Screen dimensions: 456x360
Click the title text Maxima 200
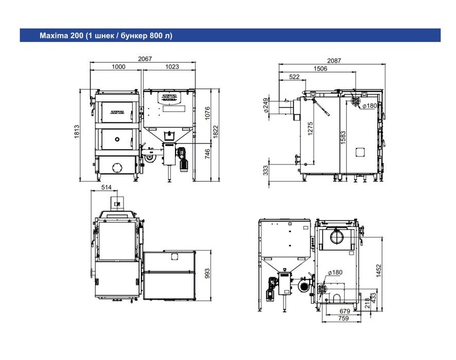61,35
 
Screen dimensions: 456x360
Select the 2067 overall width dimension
145,59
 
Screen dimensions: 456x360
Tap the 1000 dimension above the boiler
118,67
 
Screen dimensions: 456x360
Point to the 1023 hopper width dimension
172,67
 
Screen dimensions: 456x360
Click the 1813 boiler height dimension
77,132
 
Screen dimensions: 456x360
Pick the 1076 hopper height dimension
207,113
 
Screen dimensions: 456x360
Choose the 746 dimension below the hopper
207,154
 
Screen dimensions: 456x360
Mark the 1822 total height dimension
215,132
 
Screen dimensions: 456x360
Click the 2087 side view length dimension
334,61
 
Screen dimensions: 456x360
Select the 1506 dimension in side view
320,69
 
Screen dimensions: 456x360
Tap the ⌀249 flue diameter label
266,105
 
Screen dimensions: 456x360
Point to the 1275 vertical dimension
310,129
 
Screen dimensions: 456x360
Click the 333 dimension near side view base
266,171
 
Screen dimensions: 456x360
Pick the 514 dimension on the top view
106,187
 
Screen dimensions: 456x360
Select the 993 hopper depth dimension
207,274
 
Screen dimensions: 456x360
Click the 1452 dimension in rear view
378,271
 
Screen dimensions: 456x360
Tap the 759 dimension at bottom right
343,318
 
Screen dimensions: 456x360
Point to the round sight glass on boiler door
117,139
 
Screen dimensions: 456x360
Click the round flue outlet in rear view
337,236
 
